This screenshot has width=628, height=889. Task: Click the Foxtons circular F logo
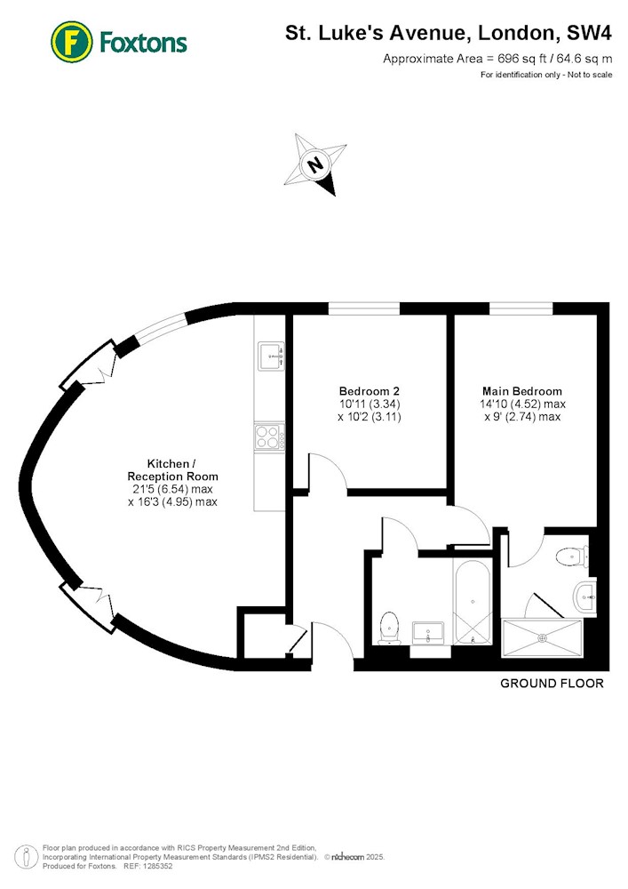[x=71, y=42]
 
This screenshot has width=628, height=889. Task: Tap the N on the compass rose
[x=315, y=164]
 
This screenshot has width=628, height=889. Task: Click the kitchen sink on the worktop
[x=271, y=356]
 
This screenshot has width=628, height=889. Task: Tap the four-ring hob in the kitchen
[x=269, y=437]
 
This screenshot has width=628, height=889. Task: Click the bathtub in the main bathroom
[x=473, y=602]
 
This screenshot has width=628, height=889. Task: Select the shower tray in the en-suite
[x=543, y=637]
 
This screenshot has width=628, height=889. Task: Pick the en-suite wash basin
[x=585, y=597]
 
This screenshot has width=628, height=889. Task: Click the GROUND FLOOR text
[x=552, y=684]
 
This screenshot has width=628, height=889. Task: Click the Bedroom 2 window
[x=364, y=308]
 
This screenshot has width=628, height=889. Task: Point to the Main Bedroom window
[x=521, y=308]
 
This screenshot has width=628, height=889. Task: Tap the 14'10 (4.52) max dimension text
[x=522, y=404]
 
